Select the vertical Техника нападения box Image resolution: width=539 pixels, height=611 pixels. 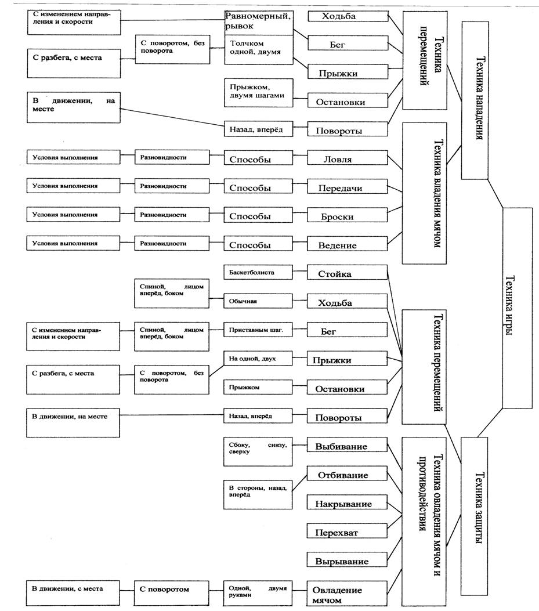(x=479, y=101)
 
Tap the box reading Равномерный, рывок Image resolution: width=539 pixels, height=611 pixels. (x=258, y=21)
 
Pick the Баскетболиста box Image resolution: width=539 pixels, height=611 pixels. (x=258, y=272)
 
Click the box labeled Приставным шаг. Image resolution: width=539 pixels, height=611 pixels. (x=258, y=330)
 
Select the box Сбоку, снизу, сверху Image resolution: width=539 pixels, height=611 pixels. (x=258, y=449)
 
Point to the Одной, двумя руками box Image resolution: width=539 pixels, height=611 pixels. (x=258, y=592)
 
